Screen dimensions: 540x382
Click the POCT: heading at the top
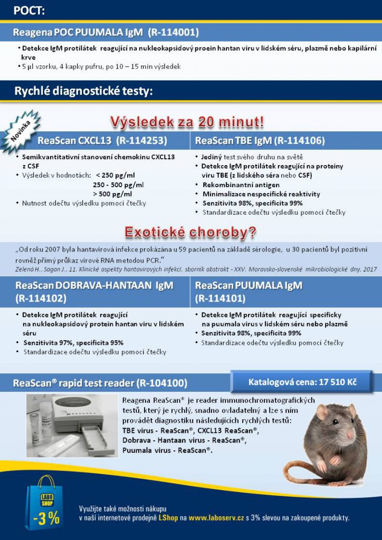click(x=29, y=11)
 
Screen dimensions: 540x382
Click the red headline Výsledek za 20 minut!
click(x=187, y=122)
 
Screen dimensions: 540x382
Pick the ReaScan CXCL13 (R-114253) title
click(x=102, y=141)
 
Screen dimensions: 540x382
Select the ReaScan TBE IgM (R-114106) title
click(x=260, y=141)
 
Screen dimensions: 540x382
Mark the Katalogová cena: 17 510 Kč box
click(x=302, y=382)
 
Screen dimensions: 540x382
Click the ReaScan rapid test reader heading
click(x=100, y=383)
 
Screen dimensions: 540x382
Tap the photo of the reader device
click(x=72, y=425)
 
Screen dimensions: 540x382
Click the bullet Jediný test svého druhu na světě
click(x=252, y=157)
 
